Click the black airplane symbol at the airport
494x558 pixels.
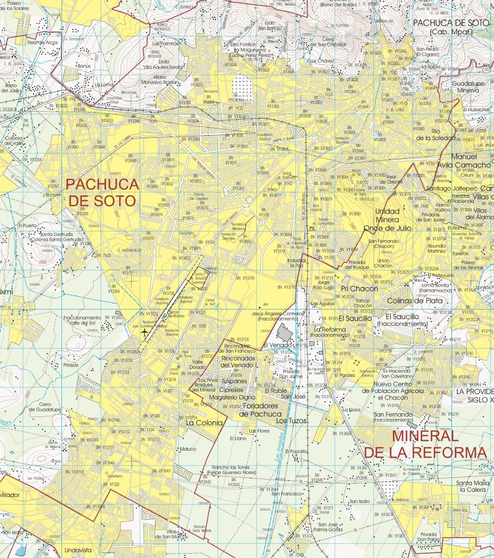coord(144,332)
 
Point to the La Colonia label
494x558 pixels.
coord(204,422)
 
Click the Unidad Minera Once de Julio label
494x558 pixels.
coord(391,220)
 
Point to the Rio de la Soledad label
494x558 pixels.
coord(435,135)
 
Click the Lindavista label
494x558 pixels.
coord(75,550)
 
